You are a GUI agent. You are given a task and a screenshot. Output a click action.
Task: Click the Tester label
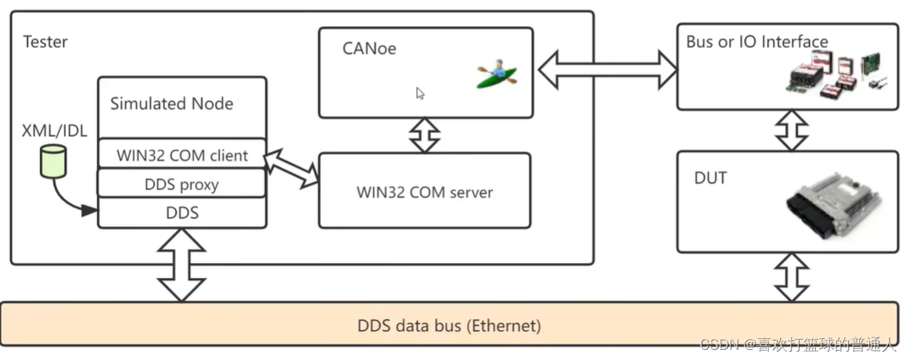tap(45, 41)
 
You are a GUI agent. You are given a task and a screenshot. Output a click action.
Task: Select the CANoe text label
tap(369, 49)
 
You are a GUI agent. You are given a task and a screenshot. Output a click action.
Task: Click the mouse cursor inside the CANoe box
tap(420, 93)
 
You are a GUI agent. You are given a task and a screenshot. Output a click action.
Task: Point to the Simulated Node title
tap(171, 103)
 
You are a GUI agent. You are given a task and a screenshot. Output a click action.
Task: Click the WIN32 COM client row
tap(181, 155)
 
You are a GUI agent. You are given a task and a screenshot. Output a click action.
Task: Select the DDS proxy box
tap(181, 185)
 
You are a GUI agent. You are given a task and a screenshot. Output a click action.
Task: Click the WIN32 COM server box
tap(425, 192)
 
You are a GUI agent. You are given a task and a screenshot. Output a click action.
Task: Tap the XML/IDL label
tap(54, 130)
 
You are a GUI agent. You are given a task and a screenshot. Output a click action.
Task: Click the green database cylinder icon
tap(53, 160)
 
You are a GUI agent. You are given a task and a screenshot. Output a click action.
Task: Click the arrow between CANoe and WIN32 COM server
tap(425, 135)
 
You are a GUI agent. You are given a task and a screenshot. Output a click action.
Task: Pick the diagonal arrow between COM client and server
tap(292, 169)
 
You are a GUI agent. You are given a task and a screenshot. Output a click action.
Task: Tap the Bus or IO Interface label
tap(756, 41)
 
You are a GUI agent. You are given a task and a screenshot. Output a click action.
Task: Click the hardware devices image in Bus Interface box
tap(835, 76)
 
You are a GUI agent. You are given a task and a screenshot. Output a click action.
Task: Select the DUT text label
tap(710, 178)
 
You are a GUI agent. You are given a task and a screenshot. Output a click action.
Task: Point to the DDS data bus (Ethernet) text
tap(449, 325)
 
